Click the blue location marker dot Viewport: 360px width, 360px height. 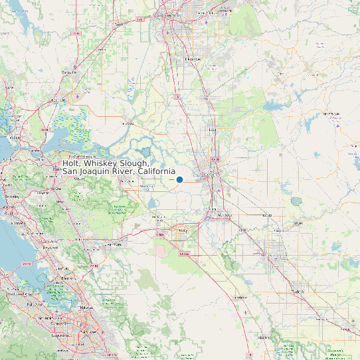pos(179,179)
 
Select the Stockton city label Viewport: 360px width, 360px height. pos(209,174)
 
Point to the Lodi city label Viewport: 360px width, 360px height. pos(213,130)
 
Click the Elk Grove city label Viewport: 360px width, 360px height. pos(192,58)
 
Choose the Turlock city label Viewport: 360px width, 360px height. pos(298,292)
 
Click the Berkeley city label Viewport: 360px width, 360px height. pos(11,197)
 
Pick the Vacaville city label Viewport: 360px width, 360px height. pos(68,72)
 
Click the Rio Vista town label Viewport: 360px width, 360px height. pos(129,124)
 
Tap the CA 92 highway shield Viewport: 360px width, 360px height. pos(27,264)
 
